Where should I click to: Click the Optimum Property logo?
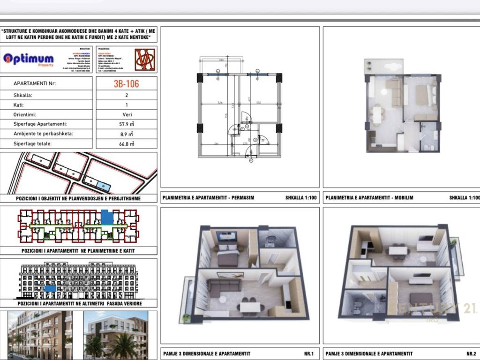(x=29, y=60)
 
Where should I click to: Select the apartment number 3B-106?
(x=127, y=84)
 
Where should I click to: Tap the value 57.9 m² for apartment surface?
(x=127, y=124)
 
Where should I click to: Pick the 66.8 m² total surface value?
(x=127, y=144)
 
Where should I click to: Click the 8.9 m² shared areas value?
(x=127, y=134)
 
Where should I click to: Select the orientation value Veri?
(x=127, y=114)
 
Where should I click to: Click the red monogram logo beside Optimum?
(x=145, y=60)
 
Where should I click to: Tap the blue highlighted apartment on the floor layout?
(x=107, y=217)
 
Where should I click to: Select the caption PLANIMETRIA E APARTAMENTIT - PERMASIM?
(x=208, y=198)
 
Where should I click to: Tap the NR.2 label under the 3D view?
(x=471, y=353)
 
